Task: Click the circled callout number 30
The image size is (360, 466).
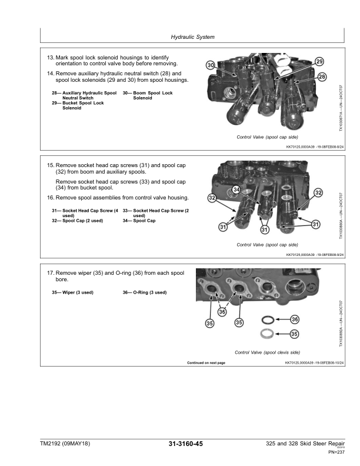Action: pos(210,65)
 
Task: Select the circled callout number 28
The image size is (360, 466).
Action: pos(322,77)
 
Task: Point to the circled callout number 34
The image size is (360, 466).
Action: pos(236,189)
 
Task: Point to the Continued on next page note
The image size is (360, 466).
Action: pos(206,363)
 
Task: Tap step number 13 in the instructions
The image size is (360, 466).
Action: pos(50,57)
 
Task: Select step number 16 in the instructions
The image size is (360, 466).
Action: pos(50,197)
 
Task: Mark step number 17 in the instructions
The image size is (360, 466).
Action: pos(50,274)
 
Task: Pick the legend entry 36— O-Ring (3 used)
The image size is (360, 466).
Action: pos(145,292)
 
